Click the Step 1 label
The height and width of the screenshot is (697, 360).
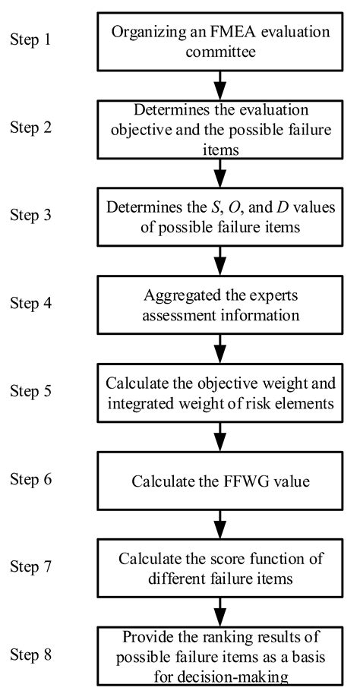tap(31, 36)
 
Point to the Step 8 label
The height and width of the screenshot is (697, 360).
tap(31, 656)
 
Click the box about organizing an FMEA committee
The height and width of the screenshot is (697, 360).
tap(219, 37)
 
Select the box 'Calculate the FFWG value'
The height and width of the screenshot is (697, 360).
tap(219, 481)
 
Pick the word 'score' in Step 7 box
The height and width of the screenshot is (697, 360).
tap(232, 560)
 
